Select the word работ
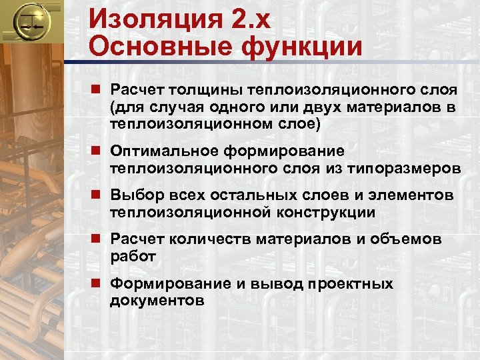pyautogui.click(x=133, y=256)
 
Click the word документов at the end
pyautogui.click(x=157, y=301)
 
